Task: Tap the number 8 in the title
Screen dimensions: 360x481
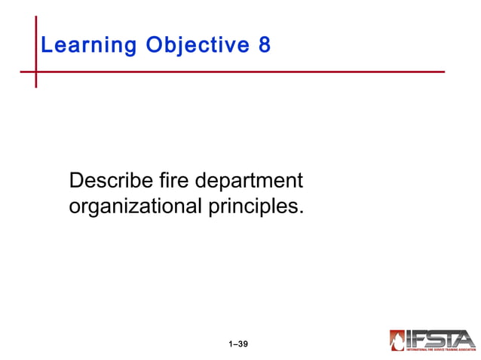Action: coord(265,46)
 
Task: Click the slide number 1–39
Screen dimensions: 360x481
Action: coord(238,344)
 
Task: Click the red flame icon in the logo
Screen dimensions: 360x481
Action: coord(397,340)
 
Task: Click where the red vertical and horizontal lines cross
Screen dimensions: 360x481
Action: coord(35,72)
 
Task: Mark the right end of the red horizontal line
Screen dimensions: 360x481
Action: coord(443,72)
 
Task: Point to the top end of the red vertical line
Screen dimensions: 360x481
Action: coord(35,17)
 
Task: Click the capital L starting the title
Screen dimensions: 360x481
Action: coord(47,46)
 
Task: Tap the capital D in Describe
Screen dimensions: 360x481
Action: coord(75,182)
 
